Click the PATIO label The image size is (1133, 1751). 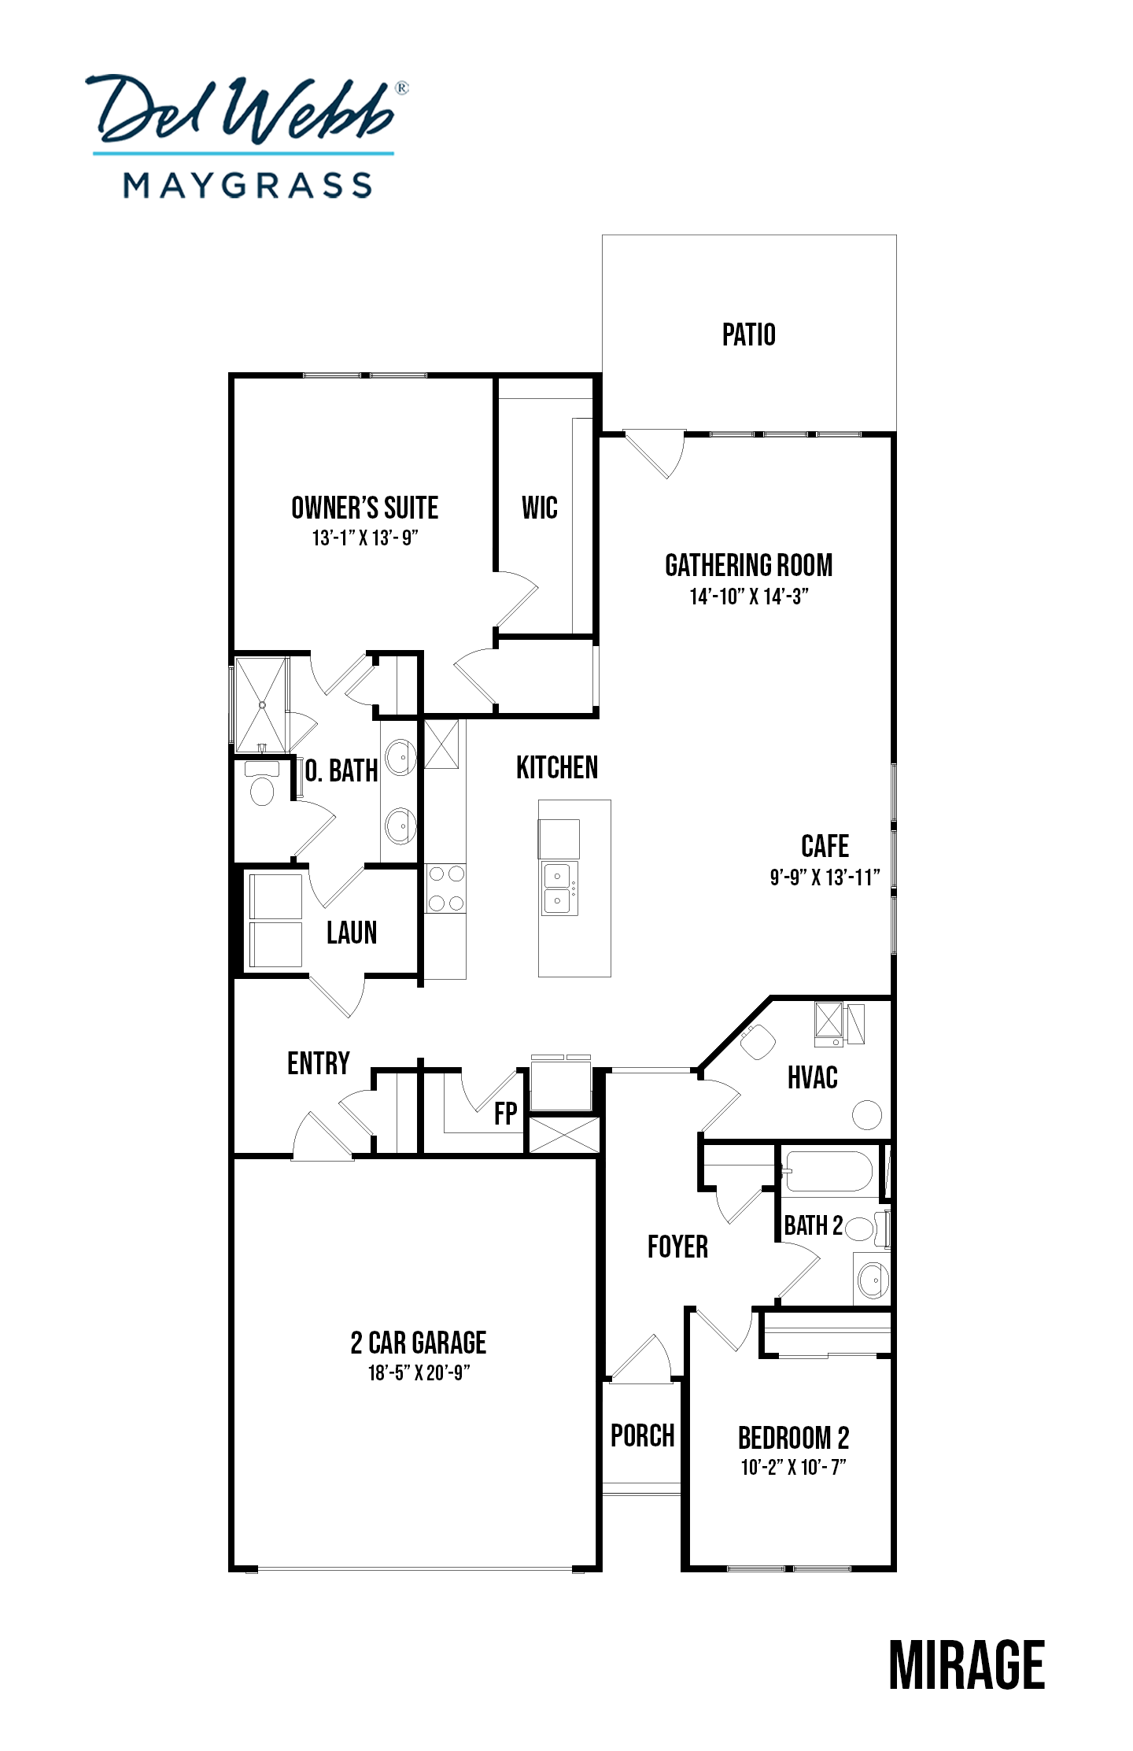click(748, 334)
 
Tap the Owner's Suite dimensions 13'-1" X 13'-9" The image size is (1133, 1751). click(365, 537)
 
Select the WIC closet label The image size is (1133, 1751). click(540, 508)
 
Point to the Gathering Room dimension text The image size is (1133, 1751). click(749, 597)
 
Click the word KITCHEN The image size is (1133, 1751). click(557, 767)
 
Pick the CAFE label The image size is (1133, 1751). click(825, 846)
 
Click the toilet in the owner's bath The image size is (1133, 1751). click(261, 782)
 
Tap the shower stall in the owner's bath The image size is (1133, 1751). click(262, 705)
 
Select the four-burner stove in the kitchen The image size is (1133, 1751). click(445, 888)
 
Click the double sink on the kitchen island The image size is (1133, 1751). click(559, 888)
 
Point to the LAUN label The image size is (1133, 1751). click(352, 933)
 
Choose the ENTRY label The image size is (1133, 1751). click(319, 1063)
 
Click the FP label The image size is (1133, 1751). click(506, 1113)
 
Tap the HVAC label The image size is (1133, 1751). click(813, 1077)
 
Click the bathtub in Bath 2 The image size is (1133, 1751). click(829, 1171)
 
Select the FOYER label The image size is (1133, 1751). click(677, 1247)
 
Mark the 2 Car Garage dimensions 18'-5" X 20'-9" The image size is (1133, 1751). click(419, 1372)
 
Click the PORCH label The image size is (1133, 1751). click(643, 1435)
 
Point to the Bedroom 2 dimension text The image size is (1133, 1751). click(793, 1467)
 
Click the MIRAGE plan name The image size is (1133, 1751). click(967, 1665)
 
